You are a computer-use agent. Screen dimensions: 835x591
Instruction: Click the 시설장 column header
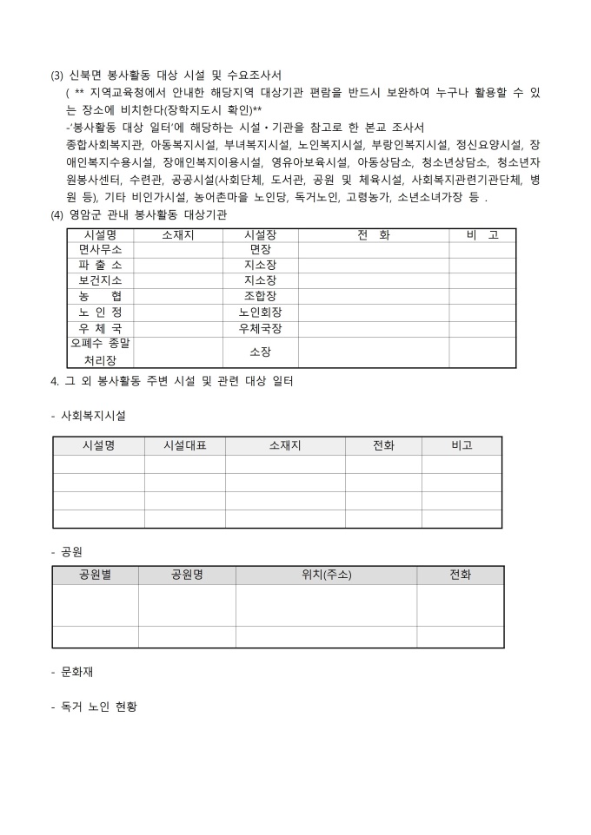tap(260, 235)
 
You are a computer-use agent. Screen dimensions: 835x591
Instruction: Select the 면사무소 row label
tap(100, 250)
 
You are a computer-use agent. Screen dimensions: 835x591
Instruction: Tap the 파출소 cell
tap(100, 265)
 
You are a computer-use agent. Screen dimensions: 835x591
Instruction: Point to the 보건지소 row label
tap(100, 280)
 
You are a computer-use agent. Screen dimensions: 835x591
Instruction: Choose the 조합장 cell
tap(260, 296)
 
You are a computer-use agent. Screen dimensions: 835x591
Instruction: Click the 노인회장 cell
tap(260, 312)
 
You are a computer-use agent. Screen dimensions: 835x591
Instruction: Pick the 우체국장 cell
tap(260, 329)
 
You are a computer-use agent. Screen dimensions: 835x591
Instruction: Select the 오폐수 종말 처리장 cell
tap(100, 352)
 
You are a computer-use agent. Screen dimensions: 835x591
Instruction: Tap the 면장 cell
tap(260, 250)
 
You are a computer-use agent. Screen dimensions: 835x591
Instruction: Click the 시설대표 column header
tap(184, 445)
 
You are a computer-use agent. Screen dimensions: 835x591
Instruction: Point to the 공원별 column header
tap(95, 575)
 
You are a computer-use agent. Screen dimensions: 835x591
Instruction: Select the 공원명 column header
tap(187, 575)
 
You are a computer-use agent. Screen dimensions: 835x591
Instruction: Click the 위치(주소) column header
tap(326, 575)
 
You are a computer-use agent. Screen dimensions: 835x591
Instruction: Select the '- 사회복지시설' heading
tap(89, 416)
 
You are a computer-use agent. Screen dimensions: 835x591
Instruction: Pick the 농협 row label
tap(100, 296)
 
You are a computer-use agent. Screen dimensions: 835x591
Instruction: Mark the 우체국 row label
tap(100, 329)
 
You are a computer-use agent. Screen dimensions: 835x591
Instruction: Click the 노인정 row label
tap(100, 312)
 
